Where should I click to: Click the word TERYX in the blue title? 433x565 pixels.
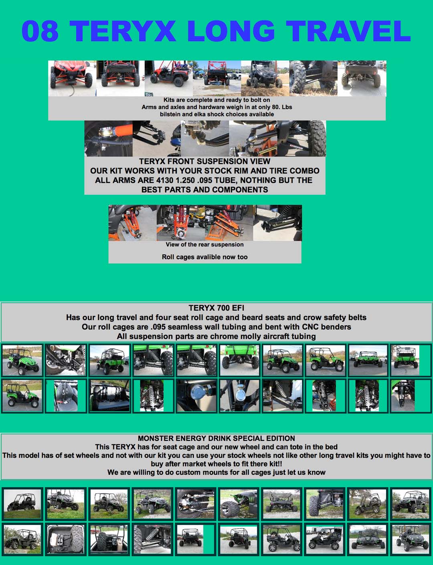click(x=123, y=31)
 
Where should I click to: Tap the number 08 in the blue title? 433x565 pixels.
click(x=40, y=31)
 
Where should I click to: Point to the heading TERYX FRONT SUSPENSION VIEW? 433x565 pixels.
click(x=204, y=161)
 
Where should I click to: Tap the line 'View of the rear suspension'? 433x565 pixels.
click(x=204, y=244)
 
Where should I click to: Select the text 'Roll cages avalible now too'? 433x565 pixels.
click(x=204, y=257)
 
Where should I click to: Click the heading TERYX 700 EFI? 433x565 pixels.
click(x=216, y=308)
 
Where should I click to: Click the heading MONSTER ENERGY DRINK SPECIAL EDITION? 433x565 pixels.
click(x=216, y=438)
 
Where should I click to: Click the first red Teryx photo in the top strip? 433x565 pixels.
click(x=72, y=78)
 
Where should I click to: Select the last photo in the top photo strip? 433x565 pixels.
click(x=362, y=78)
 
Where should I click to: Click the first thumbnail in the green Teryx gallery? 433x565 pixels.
click(x=22, y=360)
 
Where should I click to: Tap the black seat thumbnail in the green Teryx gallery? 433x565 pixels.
click(x=109, y=395)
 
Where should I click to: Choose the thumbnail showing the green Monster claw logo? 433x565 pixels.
click(x=239, y=504)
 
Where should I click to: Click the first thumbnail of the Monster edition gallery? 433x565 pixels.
click(x=22, y=504)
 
